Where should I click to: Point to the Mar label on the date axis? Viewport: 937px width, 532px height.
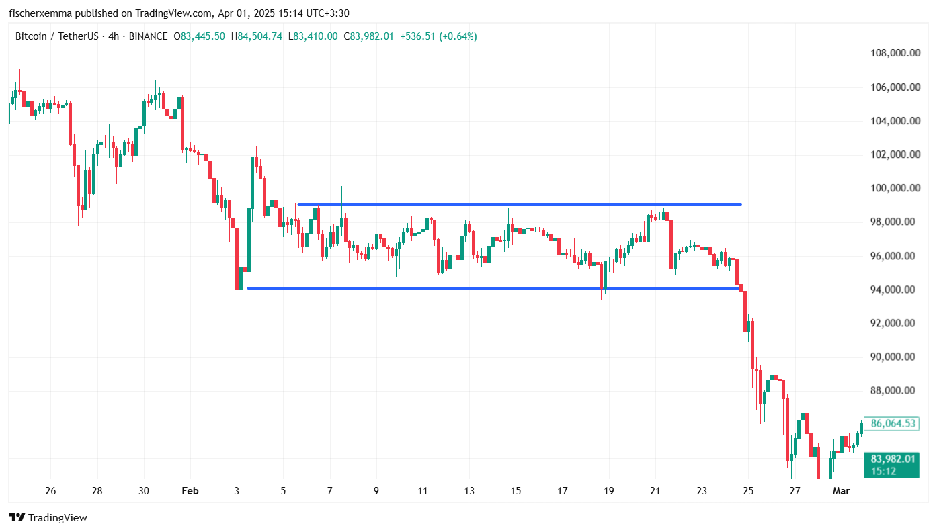[842, 491]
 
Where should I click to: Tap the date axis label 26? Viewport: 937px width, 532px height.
[50, 491]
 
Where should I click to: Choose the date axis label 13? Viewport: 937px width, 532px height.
[469, 491]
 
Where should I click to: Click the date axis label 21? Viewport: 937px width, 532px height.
[655, 491]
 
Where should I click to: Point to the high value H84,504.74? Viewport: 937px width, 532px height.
[255, 36]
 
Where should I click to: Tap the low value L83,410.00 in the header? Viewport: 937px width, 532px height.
[313, 36]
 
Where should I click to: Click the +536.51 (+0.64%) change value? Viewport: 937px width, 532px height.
[438, 36]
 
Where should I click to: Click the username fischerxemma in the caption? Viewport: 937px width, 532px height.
[38, 13]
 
